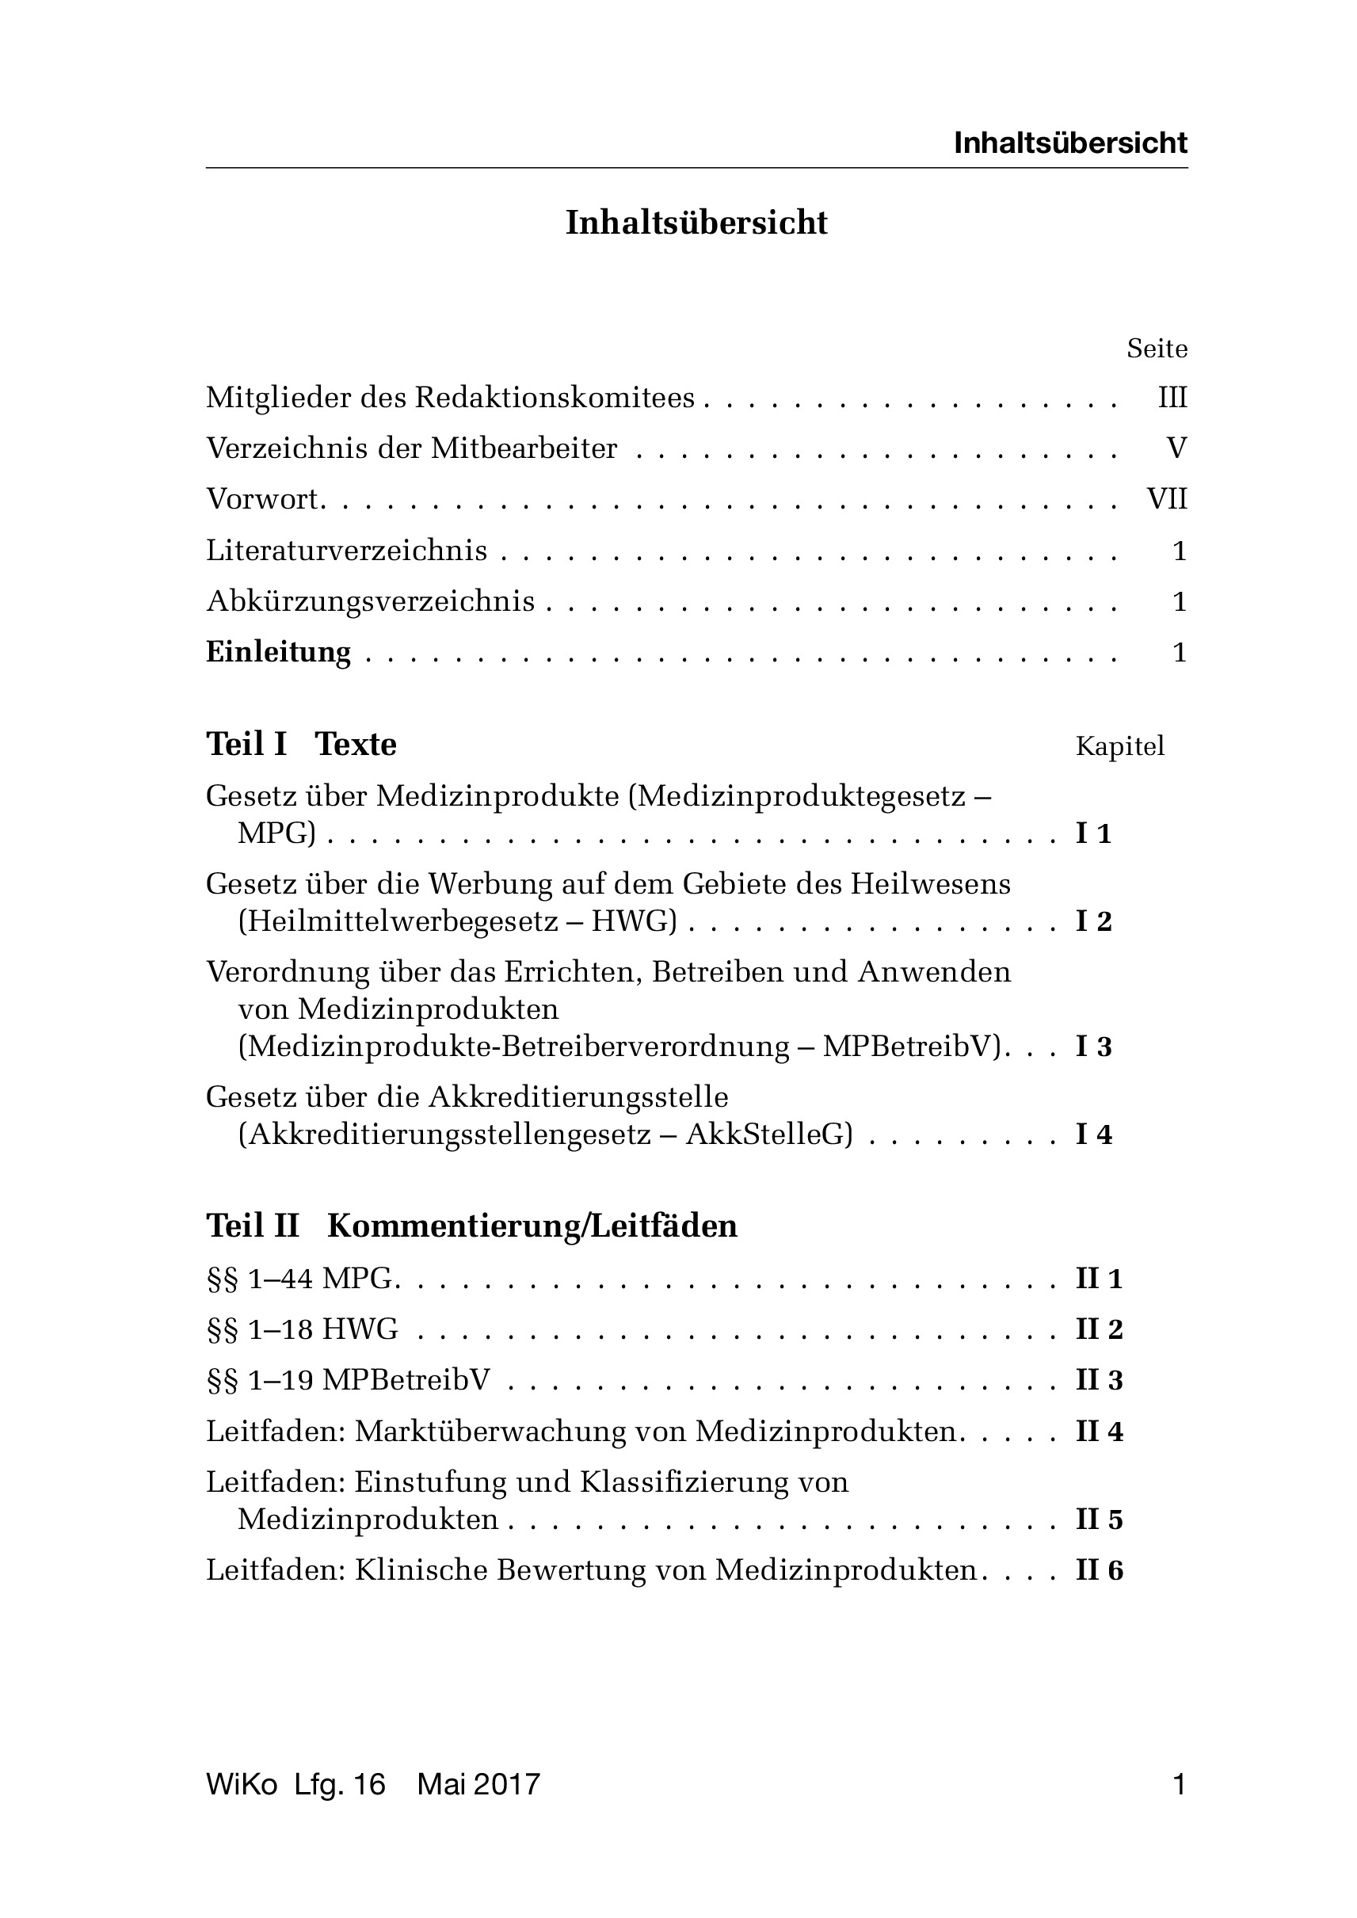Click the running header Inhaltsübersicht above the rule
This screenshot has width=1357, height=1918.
click(x=1069, y=143)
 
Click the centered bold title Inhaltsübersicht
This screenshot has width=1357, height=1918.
click(x=696, y=223)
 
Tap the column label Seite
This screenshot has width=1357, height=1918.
click(x=1157, y=348)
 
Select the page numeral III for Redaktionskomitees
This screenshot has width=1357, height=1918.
click(x=1172, y=398)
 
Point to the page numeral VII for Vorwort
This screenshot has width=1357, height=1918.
click(x=1167, y=499)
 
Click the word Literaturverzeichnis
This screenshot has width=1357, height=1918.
click(x=347, y=551)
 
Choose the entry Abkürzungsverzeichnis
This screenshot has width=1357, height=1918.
click(x=370, y=602)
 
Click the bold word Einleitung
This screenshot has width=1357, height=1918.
click(x=278, y=652)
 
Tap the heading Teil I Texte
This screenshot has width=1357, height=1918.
click(x=301, y=744)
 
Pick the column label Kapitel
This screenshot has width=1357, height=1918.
click(x=1119, y=746)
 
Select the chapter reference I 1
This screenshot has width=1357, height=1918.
click(x=1093, y=833)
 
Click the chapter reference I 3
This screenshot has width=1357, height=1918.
click(x=1093, y=1047)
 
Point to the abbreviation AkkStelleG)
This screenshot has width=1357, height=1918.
click(x=768, y=1134)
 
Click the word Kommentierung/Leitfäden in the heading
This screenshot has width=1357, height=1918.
click(x=532, y=1226)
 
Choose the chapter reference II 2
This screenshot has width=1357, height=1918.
click(x=1098, y=1329)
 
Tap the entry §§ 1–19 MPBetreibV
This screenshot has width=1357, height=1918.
click(x=348, y=1380)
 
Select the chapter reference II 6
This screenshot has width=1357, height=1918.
click(x=1098, y=1570)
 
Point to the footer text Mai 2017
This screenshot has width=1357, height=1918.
click(x=478, y=1785)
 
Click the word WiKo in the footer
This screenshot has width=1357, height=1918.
click(x=242, y=1785)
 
